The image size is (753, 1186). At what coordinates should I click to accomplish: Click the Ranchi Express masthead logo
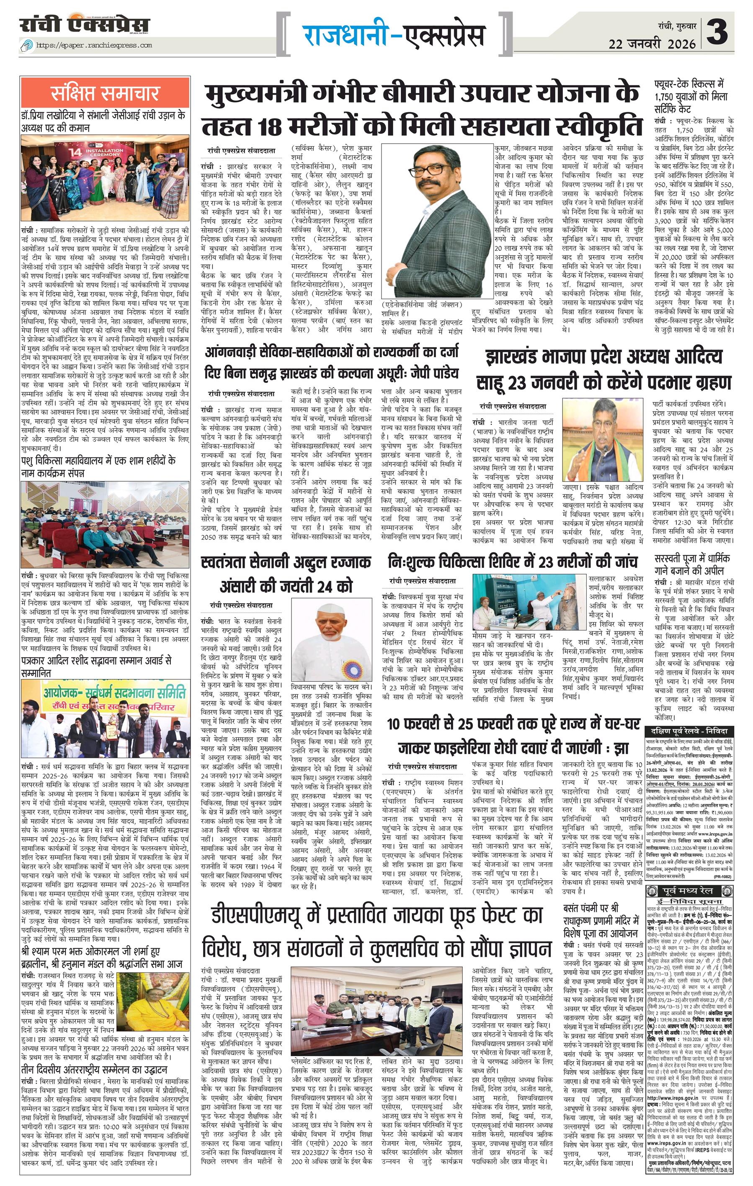pos(85,25)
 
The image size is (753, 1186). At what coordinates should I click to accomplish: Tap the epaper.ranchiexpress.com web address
pos(93,45)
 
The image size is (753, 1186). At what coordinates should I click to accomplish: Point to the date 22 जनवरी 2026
pos(652,44)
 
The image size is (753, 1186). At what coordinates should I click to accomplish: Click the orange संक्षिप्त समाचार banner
pos(105,93)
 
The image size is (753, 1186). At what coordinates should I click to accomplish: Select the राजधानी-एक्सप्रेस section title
pos(394,36)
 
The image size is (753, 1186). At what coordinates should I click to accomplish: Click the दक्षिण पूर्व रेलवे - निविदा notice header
pos(689,731)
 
